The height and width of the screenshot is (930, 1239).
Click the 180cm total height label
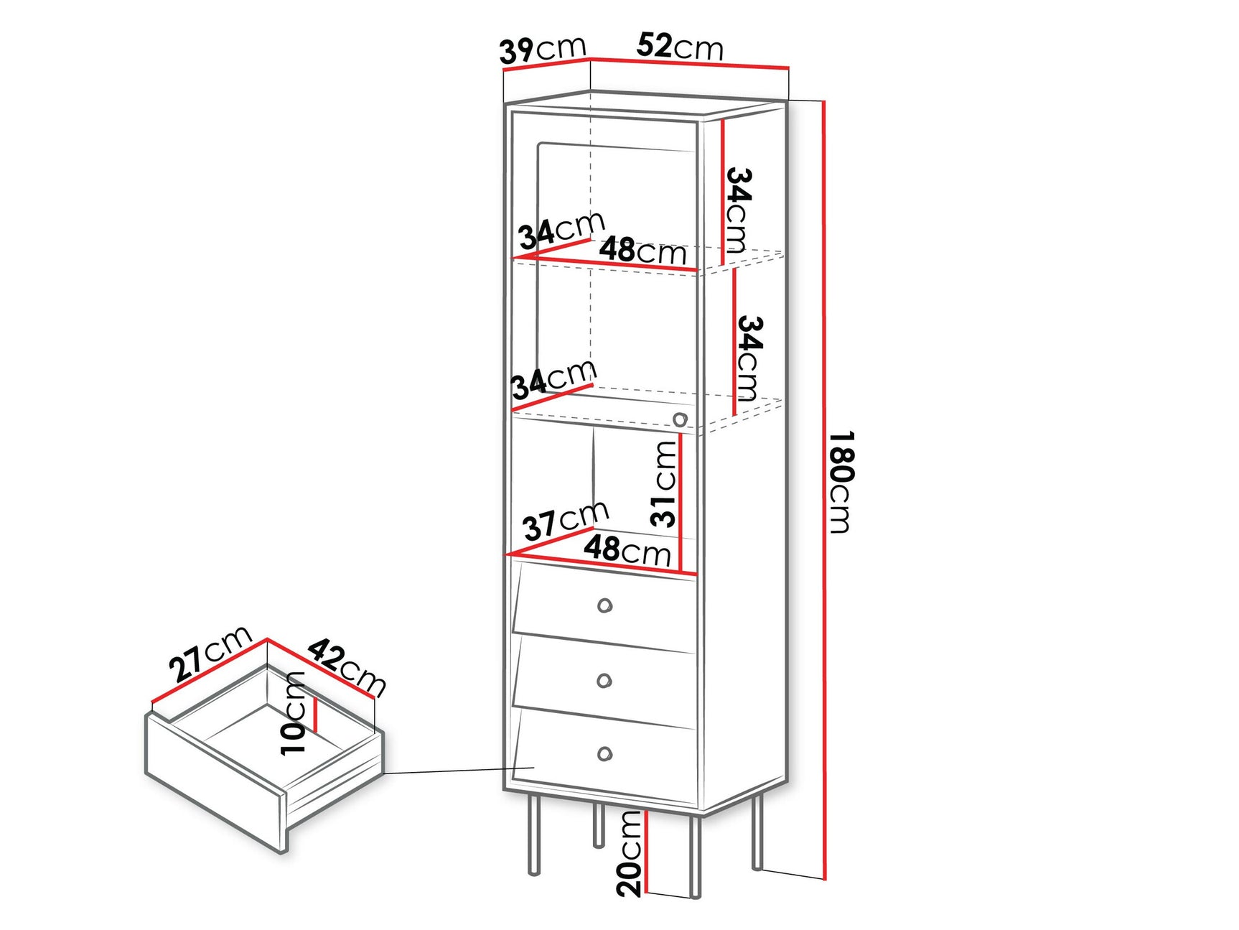coord(841,482)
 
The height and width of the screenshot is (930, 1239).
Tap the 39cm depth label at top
coord(542,50)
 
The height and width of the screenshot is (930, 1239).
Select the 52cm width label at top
coord(679,47)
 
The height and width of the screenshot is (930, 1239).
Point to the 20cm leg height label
coord(629,853)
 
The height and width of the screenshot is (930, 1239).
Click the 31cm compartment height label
coord(664,484)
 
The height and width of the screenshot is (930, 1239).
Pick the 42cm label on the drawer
coord(347,668)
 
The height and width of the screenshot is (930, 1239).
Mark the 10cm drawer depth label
coord(294,713)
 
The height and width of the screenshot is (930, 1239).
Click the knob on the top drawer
coord(605,605)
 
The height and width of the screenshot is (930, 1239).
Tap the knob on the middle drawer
coord(605,680)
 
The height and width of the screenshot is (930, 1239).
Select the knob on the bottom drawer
coord(605,754)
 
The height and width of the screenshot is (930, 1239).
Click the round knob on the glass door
coord(680,419)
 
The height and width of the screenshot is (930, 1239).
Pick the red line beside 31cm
coord(681,503)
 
